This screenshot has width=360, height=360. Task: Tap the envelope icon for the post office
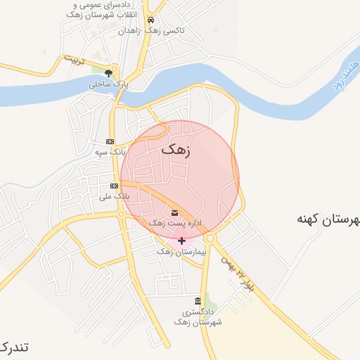(174, 212)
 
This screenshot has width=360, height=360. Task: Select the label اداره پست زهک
(174, 223)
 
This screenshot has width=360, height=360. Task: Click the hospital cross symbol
(181, 240)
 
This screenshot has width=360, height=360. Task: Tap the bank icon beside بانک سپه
(109, 141)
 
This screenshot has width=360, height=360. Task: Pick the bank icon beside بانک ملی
(114, 186)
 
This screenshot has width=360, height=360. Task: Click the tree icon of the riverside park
(108, 72)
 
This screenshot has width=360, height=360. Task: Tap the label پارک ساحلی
(106, 84)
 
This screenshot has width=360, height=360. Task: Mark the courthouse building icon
(206, 300)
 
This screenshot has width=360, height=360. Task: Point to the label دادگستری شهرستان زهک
(202, 316)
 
